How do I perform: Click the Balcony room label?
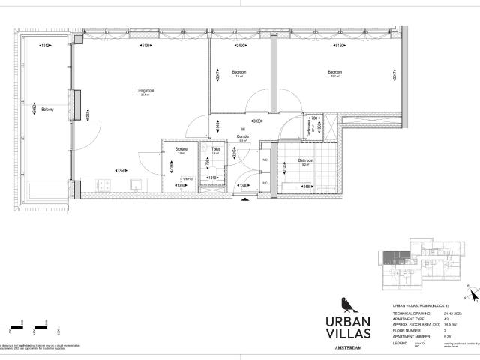click(x=46, y=108)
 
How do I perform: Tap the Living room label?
click(x=145, y=91)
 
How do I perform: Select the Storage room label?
click(x=181, y=149)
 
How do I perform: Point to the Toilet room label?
click(x=214, y=149)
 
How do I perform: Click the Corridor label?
click(x=243, y=136)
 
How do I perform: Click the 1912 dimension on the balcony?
click(x=46, y=46)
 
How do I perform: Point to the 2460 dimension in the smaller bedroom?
click(x=240, y=46)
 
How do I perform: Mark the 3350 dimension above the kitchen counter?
click(x=120, y=170)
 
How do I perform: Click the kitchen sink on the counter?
click(x=136, y=184)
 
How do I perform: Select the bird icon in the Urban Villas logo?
click(x=346, y=302)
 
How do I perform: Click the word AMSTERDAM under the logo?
click(x=346, y=349)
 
